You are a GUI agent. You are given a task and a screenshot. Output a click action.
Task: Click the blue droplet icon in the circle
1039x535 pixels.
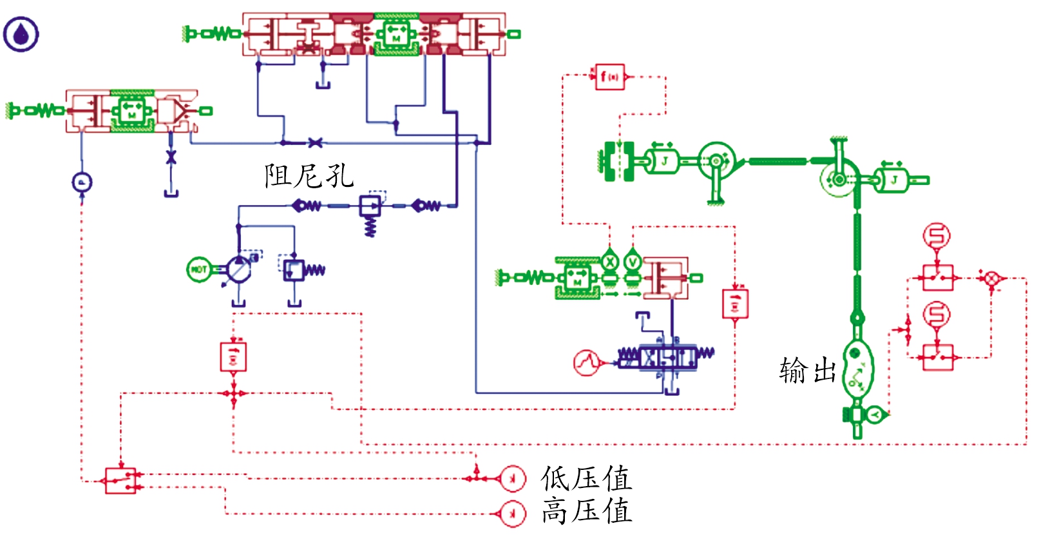point(21,34)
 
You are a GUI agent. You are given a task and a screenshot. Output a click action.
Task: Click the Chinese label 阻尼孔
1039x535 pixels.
point(309,176)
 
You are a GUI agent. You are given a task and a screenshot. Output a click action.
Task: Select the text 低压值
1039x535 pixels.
point(586,479)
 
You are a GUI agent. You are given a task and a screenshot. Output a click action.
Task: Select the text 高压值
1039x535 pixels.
point(586,512)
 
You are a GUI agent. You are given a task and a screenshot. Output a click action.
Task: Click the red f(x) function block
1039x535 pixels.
point(609,77)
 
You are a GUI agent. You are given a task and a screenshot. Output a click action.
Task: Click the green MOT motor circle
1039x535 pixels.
point(199,269)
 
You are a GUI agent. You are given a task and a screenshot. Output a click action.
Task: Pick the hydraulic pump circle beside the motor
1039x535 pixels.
point(238,270)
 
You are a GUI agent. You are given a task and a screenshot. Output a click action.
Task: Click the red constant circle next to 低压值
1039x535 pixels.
point(513,478)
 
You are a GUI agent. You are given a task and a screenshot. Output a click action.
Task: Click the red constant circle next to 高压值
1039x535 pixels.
point(513,514)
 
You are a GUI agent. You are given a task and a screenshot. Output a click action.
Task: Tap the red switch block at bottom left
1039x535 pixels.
point(120,480)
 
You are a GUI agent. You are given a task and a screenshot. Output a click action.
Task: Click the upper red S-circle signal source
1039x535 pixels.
point(937,236)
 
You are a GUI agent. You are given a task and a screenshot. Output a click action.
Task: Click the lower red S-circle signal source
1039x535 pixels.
point(937,315)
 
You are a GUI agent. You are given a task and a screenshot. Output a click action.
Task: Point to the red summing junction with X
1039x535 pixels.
point(992,278)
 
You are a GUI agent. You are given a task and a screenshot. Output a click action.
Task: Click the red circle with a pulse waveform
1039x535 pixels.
point(586,363)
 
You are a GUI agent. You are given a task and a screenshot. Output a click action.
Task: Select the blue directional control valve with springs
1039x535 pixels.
point(667,356)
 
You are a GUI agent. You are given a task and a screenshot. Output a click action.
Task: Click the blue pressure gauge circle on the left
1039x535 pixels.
point(82,182)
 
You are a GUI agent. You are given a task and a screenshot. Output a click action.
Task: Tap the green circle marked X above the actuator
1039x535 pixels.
point(609,262)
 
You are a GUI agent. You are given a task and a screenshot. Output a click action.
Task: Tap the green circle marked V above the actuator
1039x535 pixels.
point(633,262)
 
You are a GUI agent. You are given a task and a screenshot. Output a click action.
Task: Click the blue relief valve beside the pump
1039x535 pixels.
point(294,269)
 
